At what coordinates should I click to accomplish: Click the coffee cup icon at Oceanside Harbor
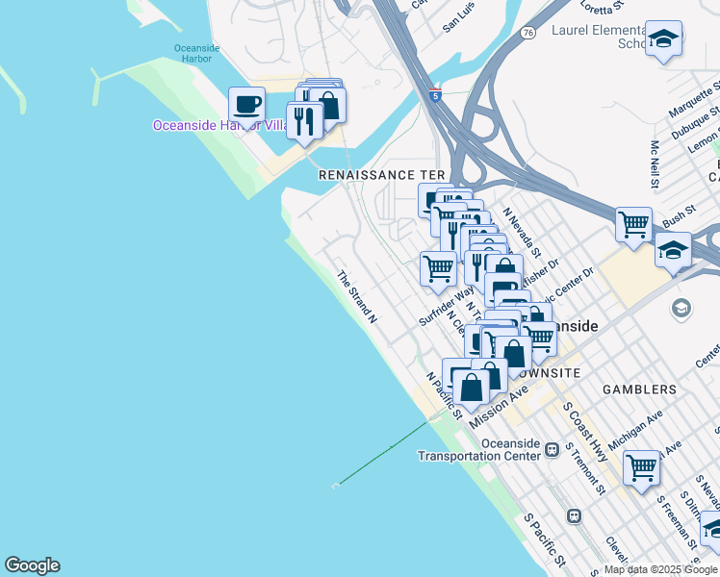click(x=247, y=102)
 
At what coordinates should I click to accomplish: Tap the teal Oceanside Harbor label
click(x=196, y=55)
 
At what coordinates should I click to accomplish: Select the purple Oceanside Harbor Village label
click(x=220, y=126)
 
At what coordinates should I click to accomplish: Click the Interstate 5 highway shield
click(x=437, y=95)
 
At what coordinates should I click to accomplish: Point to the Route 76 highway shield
click(x=527, y=32)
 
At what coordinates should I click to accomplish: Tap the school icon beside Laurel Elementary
click(x=663, y=39)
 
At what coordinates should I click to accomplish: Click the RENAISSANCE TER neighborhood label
click(x=383, y=175)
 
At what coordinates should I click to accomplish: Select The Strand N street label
click(x=356, y=297)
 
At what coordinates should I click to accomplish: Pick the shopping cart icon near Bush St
click(x=633, y=225)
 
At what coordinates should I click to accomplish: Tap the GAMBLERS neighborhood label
click(x=640, y=389)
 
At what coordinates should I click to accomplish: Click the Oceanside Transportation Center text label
click(x=478, y=449)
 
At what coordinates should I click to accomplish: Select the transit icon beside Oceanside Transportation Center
click(x=553, y=449)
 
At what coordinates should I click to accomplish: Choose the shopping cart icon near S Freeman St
click(x=641, y=468)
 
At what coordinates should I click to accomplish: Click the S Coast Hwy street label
click(x=586, y=433)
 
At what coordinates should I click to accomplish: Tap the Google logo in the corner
click(x=32, y=565)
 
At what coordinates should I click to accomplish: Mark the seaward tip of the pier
click(x=336, y=486)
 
